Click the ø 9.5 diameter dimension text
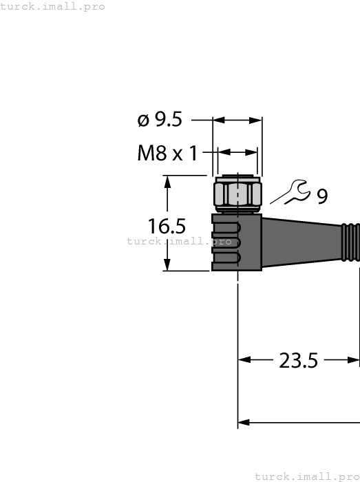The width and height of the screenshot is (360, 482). coord(160,120)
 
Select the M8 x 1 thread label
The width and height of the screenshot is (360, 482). coord(167,153)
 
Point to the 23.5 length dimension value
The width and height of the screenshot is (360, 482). coord(298,359)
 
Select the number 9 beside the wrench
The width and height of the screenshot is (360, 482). coord(322,197)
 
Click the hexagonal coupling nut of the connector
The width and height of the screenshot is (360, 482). coord(238,194)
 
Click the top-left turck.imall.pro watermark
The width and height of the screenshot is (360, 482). coord(53,6)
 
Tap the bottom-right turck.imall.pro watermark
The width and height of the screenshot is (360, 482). coord(307,476)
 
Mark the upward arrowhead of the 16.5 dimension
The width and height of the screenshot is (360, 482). coord(167,181)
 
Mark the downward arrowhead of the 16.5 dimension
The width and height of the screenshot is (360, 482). coord(167,265)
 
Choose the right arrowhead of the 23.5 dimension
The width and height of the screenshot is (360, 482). coord(354,359)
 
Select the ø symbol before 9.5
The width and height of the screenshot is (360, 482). coord(143,120)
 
